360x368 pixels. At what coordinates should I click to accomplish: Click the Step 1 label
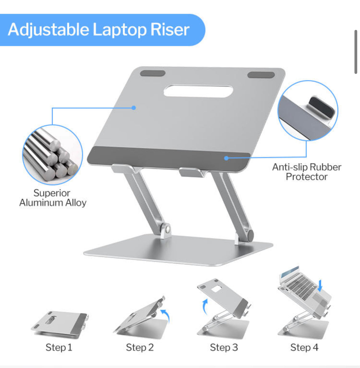point(59,348)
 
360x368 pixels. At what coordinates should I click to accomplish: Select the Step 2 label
point(140,348)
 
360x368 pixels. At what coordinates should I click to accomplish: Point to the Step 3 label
point(224,348)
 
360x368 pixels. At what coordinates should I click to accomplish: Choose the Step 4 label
point(304,348)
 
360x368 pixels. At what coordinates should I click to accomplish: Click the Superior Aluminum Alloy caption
point(53,198)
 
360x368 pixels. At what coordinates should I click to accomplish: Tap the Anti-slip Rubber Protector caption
point(306,172)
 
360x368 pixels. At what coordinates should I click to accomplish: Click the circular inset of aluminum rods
point(53,155)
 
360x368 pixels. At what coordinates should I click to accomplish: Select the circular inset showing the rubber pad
point(308,111)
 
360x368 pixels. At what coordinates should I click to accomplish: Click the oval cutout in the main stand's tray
point(198,91)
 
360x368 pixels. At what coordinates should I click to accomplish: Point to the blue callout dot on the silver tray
point(134,108)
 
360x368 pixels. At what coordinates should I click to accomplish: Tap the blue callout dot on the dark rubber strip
point(226,158)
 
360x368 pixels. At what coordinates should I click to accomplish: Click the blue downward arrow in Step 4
point(320,285)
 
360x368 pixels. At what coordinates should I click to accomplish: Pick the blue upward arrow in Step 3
point(205,306)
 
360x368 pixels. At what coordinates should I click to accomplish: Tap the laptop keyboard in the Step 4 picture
point(301,287)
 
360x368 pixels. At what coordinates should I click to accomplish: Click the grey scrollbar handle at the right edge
point(356,52)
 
